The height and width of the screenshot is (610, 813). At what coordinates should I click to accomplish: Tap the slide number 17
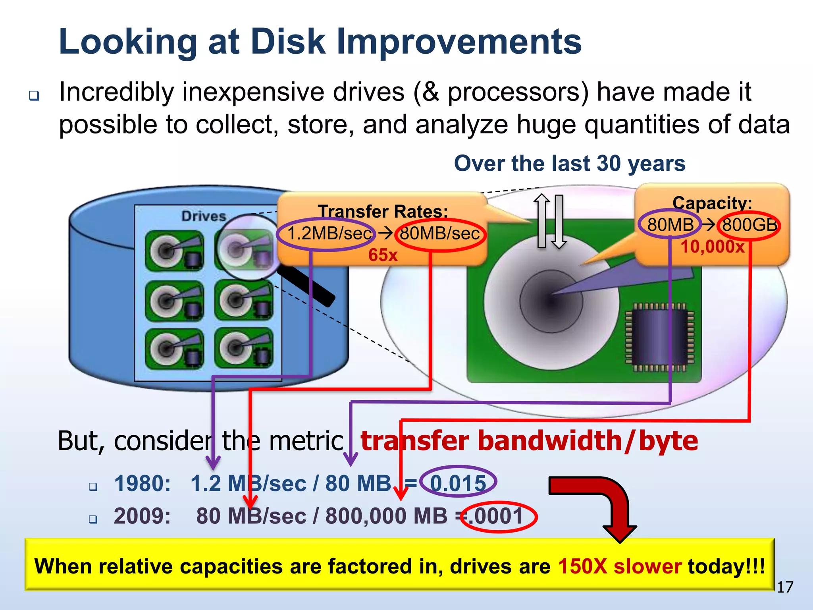784,587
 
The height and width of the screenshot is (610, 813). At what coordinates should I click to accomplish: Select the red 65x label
383,255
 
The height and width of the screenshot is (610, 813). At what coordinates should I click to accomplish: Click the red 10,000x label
713,247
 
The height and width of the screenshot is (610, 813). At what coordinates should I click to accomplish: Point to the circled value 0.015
458,483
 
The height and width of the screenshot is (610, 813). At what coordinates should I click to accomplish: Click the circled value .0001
499,516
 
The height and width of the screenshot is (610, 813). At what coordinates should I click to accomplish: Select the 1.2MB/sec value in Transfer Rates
329,234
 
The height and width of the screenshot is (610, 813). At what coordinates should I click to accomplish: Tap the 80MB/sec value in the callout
439,234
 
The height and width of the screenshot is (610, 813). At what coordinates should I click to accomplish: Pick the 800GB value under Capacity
749,225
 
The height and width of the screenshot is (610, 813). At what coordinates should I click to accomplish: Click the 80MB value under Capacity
670,225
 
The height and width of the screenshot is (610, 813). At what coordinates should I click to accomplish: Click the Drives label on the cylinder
204,216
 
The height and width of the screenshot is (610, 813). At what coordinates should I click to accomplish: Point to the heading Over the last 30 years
570,164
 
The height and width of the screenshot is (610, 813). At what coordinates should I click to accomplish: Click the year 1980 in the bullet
142,484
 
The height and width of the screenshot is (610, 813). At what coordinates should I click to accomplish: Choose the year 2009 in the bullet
142,516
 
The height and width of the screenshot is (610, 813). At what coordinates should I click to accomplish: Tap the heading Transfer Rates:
383,211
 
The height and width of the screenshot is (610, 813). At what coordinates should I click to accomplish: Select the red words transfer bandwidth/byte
529,441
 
